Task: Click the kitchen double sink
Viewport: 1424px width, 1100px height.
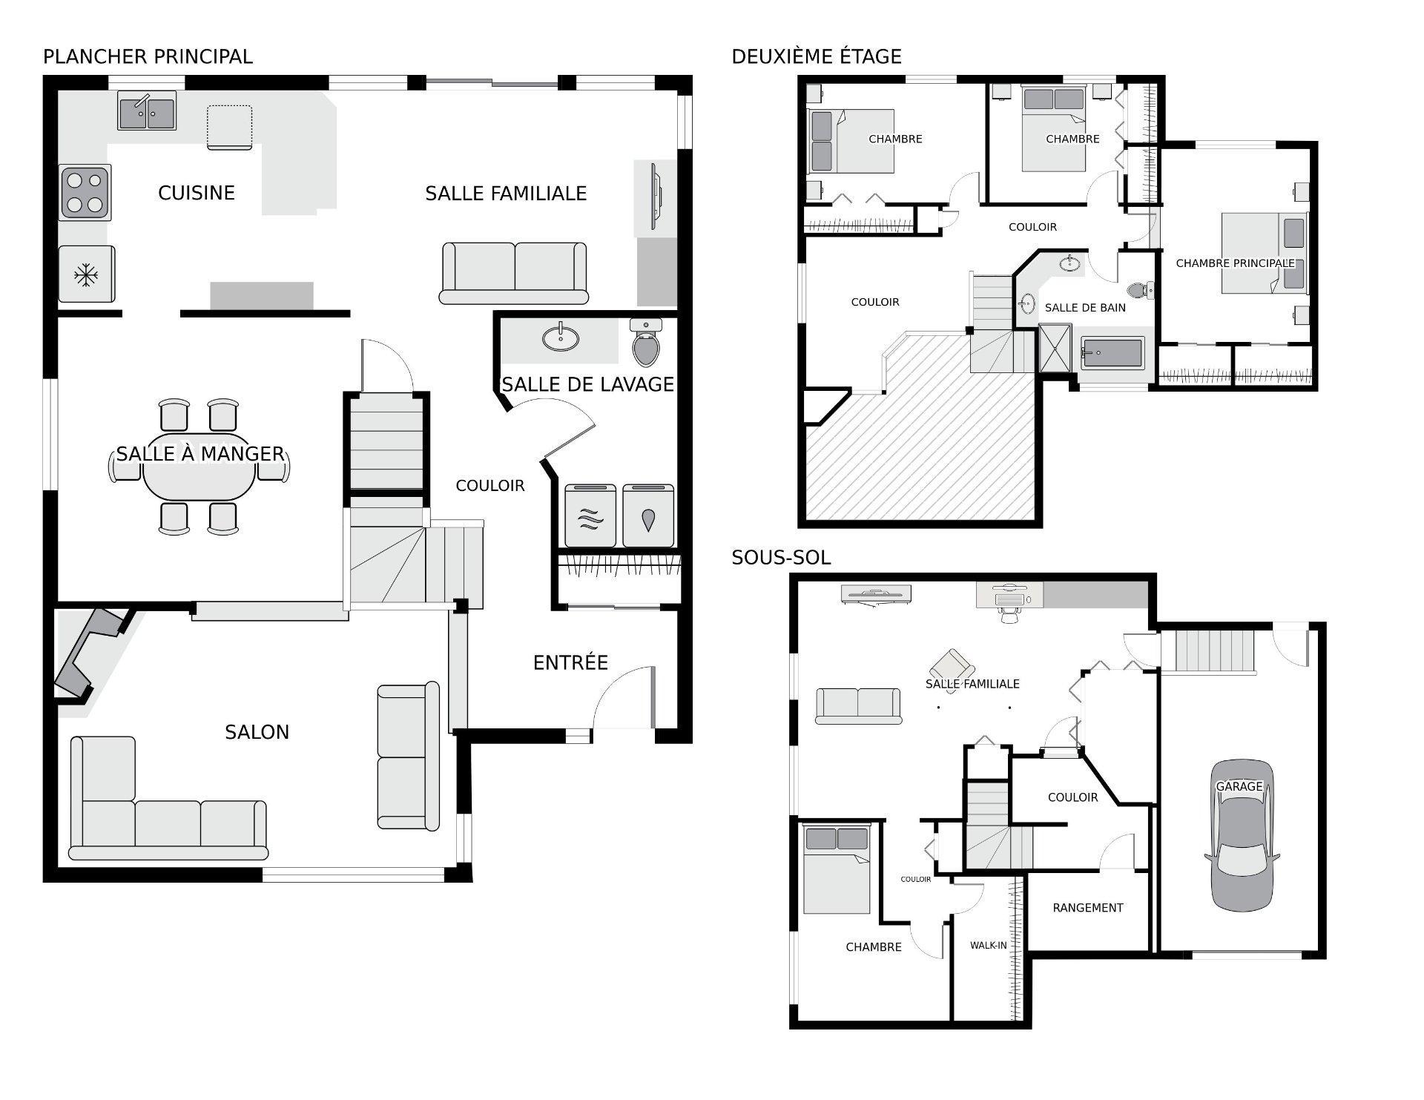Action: coord(147,112)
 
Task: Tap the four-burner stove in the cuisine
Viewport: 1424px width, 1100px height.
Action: coord(85,192)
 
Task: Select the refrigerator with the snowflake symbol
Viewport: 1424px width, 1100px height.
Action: coord(86,275)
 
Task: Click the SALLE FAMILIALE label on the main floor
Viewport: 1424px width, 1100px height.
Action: coord(506,194)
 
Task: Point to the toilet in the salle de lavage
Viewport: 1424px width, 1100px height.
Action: coord(647,343)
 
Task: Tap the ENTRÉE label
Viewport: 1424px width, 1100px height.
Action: coord(570,662)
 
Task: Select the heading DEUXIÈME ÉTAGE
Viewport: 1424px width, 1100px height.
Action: coord(816,56)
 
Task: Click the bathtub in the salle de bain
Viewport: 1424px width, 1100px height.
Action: coord(1112,353)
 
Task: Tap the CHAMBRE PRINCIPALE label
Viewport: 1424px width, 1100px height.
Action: coord(1235,263)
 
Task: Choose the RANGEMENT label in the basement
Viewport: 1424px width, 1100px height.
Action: coord(1087,908)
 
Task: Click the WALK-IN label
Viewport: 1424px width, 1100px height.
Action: coord(988,946)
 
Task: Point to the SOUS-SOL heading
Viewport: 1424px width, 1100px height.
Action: coord(781,557)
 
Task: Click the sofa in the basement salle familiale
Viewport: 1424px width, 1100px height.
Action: coord(858,705)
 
